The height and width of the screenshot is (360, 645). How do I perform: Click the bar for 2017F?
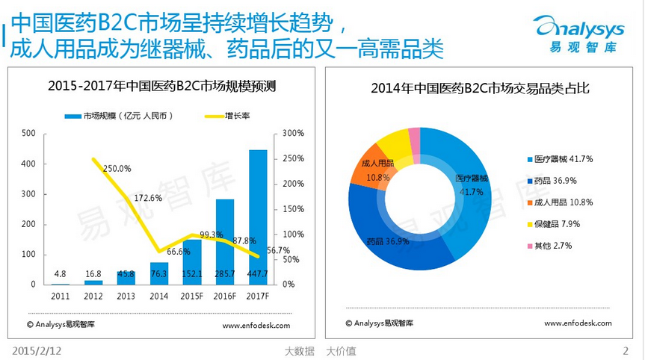coord(258,217)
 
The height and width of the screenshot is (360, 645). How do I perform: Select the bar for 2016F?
coord(225,241)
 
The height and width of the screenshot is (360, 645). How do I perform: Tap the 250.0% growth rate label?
coord(117,169)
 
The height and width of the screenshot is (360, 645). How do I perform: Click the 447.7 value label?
coord(258,273)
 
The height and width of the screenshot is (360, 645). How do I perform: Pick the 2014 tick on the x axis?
coord(159,297)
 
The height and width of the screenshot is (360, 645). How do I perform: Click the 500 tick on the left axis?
coord(28,134)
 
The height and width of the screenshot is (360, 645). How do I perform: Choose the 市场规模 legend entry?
coord(120,116)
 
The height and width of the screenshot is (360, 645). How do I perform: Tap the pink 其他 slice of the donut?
coord(414,135)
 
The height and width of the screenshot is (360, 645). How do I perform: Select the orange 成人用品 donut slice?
coord(368,170)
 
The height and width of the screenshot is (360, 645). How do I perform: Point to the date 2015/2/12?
coord(35,350)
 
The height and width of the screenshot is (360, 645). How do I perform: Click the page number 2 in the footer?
coord(626,350)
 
